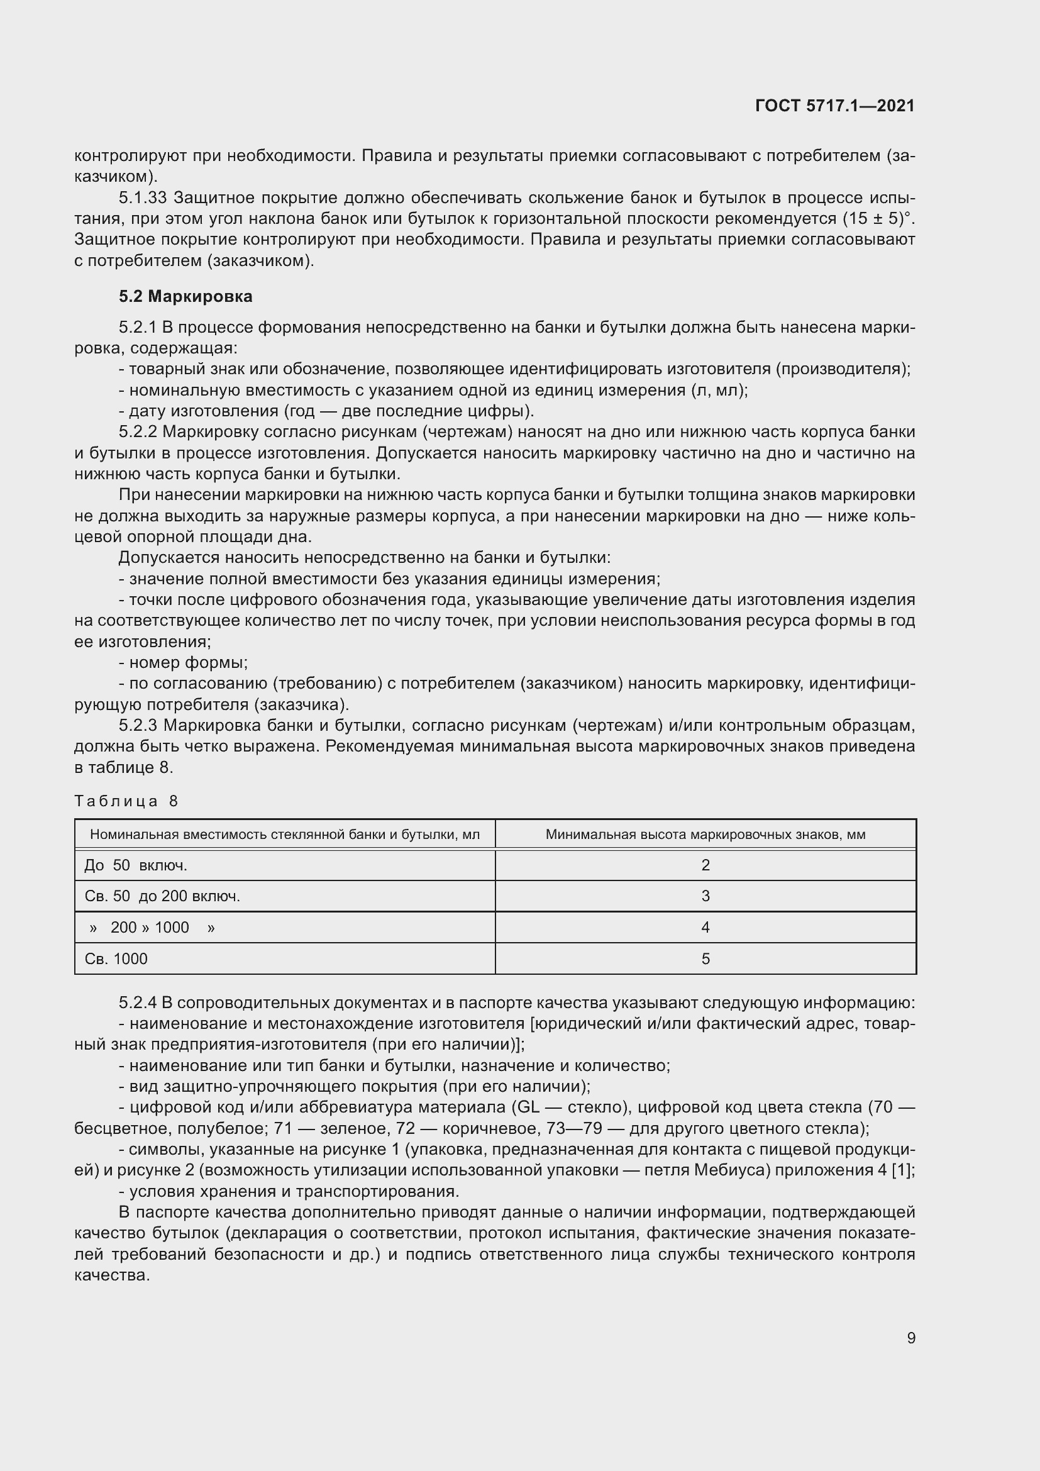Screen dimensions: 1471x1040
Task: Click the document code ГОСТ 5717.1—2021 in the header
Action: pos(834,106)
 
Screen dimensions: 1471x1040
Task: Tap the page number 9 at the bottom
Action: pos(910,1338)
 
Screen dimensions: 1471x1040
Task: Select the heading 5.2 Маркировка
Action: pos(185,296)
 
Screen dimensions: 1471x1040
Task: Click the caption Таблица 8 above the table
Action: pos(126,801)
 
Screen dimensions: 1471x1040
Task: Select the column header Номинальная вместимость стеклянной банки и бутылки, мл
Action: pos(284,834)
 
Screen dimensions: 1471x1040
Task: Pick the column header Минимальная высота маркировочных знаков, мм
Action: pos(705,834)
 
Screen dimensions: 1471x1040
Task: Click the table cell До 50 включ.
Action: pos(136,865)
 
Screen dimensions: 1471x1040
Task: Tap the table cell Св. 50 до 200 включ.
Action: pos(162,896)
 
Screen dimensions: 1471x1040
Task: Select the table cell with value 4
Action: pos(705,927)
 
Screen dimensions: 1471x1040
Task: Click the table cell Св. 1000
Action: pos(116,958)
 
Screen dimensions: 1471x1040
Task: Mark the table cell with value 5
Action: pos(705,958)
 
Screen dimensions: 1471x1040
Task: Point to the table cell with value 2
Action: pos(705,865)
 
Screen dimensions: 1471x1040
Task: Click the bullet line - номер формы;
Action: pos(183,662)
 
